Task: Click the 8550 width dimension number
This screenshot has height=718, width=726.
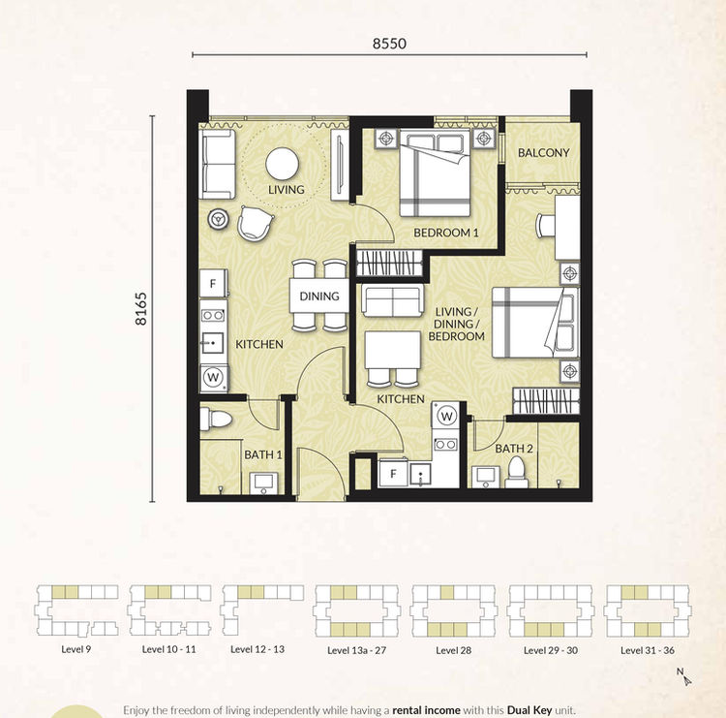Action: (389, 44)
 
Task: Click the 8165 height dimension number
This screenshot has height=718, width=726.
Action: (140, 309)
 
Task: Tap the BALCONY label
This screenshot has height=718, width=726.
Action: (544, 152)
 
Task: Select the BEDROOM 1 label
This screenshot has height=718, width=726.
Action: (446, 233)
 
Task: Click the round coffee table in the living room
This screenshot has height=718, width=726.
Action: (282, 164)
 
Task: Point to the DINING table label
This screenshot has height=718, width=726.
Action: (319, 297)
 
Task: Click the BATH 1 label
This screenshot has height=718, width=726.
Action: (263, 454)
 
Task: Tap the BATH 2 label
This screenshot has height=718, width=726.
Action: (514, 449)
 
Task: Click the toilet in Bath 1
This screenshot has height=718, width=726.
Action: (215, 420)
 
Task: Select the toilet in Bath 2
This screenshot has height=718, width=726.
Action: (516, 472)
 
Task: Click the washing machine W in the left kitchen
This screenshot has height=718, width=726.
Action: (214, 377)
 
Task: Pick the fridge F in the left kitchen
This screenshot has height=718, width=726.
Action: (213, 283)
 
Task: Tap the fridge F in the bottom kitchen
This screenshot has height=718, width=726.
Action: (393, 473)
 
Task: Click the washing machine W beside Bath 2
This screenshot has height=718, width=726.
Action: (446, 416)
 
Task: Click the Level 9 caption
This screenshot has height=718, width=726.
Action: (76, 649)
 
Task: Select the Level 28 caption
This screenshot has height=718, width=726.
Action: (454, 650)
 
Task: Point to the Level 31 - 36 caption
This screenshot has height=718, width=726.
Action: (648, 650)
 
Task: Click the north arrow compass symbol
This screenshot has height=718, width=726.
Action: (684, 677)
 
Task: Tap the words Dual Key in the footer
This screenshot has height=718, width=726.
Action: (529, 710)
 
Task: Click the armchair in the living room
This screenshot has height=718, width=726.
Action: (255, 223)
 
